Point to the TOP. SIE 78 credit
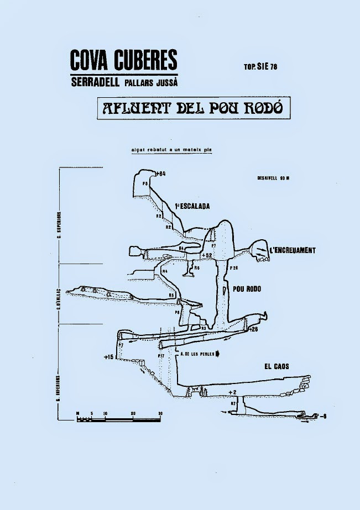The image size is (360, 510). click(260, 67)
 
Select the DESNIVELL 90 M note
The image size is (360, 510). click(274, 178)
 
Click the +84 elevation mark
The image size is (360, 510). click(161, 174)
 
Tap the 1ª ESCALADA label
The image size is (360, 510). click(192, 207)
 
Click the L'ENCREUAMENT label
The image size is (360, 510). click(292, 250)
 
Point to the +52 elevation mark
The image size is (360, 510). click(207, 255)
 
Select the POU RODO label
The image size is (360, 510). click(247, 289)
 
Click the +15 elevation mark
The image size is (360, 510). click(108, 357)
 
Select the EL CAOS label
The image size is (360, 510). click(276, 366)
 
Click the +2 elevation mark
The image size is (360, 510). click(232, 392)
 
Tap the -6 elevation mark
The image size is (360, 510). click(323, 416)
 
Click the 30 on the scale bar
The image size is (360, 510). click(160, 413)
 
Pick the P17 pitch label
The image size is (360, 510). click(160, 356)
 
